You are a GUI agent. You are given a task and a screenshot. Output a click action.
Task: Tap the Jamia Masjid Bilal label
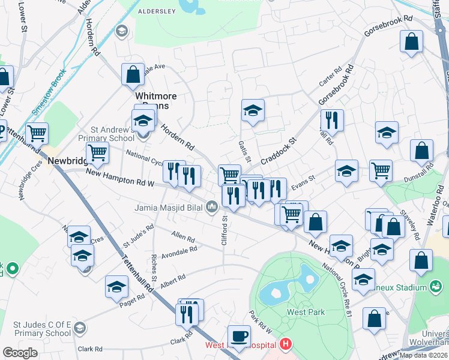click(x=169, y=208)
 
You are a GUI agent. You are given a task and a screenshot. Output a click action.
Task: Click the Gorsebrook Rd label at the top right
click(x=391, y=19)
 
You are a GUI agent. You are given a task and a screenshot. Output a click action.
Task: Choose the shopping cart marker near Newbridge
click(x=97, y=153)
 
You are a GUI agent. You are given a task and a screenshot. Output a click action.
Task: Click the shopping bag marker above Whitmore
click(x=133, y=74)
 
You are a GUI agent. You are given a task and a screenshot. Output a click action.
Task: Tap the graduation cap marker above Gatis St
click(x=253, y=110)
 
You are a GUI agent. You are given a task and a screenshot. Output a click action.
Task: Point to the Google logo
click(x=20, y=353)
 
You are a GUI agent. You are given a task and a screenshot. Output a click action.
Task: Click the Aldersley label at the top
click(x=157, y=11)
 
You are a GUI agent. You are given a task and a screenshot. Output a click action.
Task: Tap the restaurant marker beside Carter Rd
click(x=331, y=120)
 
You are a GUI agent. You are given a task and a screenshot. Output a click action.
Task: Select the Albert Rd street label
click(x=173, y=280)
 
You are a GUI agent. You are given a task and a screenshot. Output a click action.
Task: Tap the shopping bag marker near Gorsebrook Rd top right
click(x=412, y=41)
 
